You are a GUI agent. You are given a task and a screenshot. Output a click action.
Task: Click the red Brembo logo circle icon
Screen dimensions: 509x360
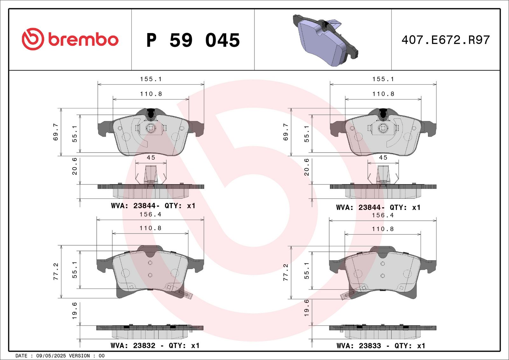click(x=33, y=39)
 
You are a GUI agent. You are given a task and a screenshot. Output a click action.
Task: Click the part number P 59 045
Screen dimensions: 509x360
click(x=193, y=40)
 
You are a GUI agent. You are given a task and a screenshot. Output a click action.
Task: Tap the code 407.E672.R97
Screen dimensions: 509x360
click(x=446, y=40)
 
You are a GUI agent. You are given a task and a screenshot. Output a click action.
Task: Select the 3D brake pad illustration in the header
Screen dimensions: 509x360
click(x=325, y=40)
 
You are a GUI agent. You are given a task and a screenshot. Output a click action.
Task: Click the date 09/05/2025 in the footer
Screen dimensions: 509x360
click(x=51, y=356)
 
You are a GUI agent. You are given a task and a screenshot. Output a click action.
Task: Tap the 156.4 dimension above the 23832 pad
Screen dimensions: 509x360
click(x=150, y=214)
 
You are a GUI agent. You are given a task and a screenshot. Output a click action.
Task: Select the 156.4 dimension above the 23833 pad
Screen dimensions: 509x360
click(x=383, y=215)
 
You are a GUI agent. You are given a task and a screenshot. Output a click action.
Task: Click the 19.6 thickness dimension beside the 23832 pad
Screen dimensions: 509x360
click(x=74, y=311)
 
